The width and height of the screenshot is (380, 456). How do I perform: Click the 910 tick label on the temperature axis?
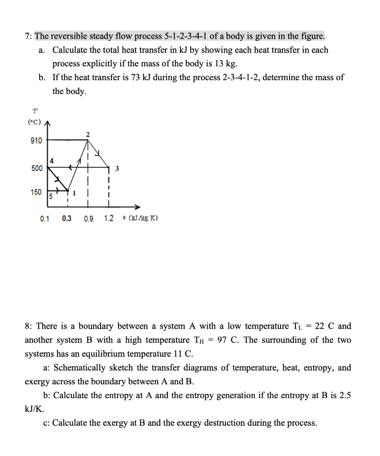pyautogui.click(x=37, y=141)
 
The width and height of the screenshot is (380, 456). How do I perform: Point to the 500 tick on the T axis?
pyautogui.click(x=37, y=168)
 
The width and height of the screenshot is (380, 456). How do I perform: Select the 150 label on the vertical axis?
pyautogui.click(x=37, y=192)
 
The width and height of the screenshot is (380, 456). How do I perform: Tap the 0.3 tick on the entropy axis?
pyautogui.click(x=67, y=219)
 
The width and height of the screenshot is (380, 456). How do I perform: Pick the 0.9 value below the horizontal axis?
pyautogui.click(x=88, y=219)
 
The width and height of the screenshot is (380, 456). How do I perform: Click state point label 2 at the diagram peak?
pyautogui.click(x=88, y=134)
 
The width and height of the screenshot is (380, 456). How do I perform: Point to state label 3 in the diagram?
pyautogui.click(x=117, y=168)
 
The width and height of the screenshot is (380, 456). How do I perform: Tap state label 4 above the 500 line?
pyautogui.click(x=52, y=161)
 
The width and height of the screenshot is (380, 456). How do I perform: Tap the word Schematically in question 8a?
pyautogui.click(x=77, y=368)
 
